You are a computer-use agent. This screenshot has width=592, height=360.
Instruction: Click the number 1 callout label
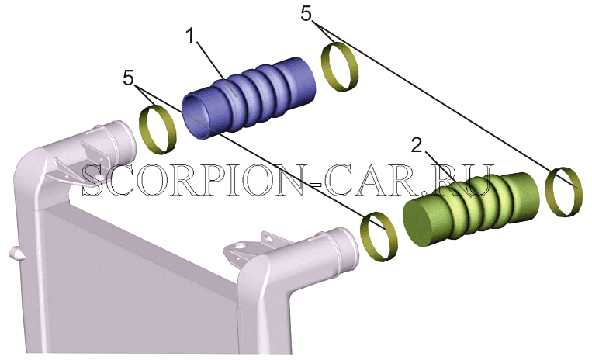point(191,36)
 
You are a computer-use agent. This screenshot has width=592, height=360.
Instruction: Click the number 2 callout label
point(417,145)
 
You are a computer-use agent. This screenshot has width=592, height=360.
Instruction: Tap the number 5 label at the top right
point(306,15)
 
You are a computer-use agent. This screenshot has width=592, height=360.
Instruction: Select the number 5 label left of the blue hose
point(128,78)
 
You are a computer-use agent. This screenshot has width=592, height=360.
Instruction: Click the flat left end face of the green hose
point(421,223)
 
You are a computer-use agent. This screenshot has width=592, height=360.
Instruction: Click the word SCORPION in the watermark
point(192,180)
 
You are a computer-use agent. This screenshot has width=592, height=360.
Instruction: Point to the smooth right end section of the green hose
point(523,199)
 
